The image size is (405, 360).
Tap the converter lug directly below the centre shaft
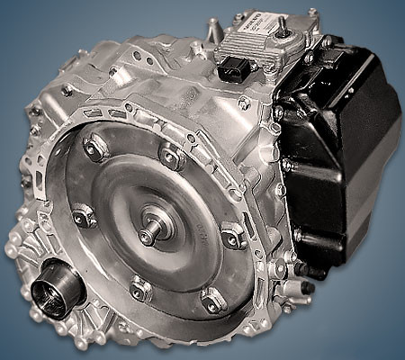140,287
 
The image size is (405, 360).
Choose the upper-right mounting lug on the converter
171,153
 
